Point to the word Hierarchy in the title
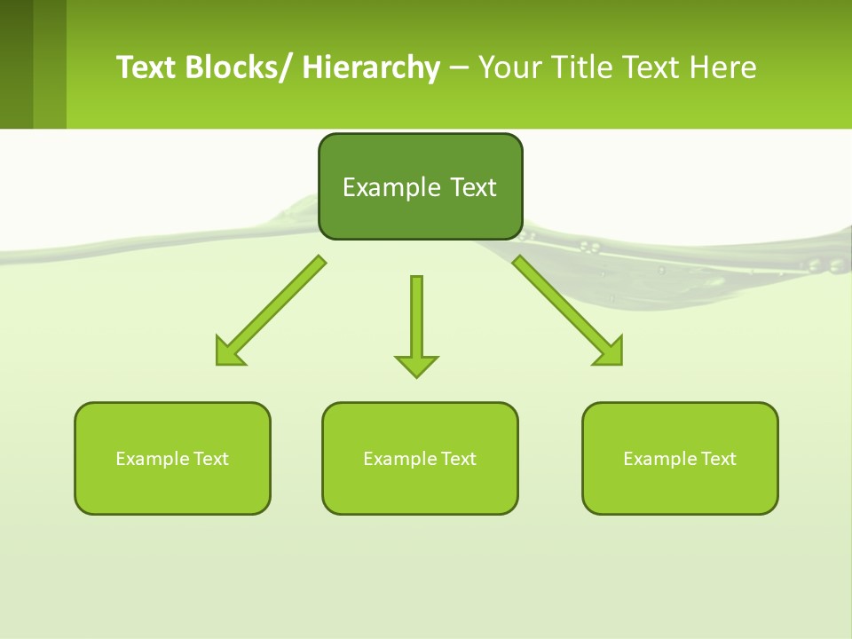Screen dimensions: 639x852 coord(371,67)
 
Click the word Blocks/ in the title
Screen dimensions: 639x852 coord(239,67)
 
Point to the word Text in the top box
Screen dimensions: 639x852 coord(473,187)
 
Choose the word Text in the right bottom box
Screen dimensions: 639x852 coord(719,459)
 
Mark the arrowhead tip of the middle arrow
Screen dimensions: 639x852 coord(416,376)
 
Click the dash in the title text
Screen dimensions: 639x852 coord(459,67)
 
